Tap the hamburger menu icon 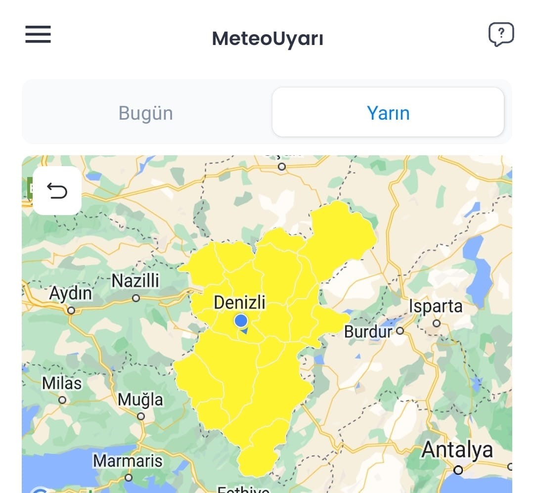pos(38,34)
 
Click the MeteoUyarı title pos(267,39)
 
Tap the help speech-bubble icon pos(501,35)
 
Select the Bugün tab pos(146,113)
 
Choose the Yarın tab pos(388,113)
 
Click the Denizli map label pos(240,302)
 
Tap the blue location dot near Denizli pos(241,321)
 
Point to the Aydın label pos(71,294)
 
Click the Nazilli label pos(135,281)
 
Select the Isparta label pos(436,306)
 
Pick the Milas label pos(62,383)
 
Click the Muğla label pos(140,399)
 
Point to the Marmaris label pos(128,461)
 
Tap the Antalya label pos(457,450)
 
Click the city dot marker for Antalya pos(458,470)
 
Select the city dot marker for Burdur pos(400,331)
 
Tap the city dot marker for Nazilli pos(136,298)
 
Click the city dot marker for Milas pos(62,400)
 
